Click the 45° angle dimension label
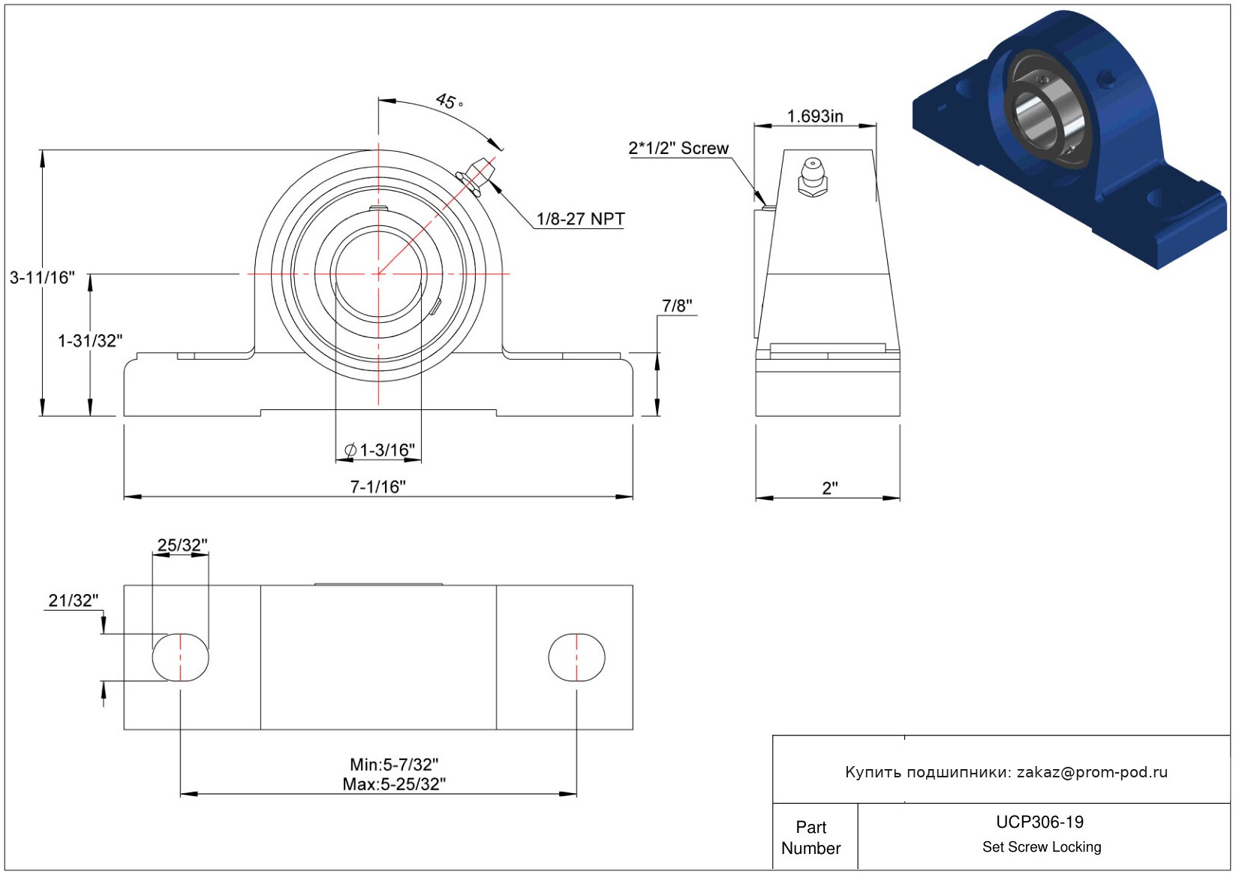[x=450, y=101]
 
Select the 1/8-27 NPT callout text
[x=581, y=219]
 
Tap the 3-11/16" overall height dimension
[x=43, y=277]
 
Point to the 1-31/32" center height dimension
[x=90, y=341]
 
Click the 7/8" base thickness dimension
[x=677, y=306]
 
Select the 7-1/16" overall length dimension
[x=378, y=487]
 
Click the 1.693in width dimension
[x=815, y=116]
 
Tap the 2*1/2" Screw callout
[x=678, y=148]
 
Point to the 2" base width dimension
[x=829, y=488]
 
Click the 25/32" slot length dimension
[x=182, y=545]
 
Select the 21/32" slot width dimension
[x=74, y=600]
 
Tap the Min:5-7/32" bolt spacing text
[x=394, y=765]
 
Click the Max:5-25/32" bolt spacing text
[x=394, y=784]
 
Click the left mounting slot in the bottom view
[x=180, y=657]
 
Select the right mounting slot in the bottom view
[x=576, y=657]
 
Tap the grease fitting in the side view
[x=813, y=177]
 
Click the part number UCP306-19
[x=1039, y=822]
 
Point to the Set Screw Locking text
[x=1042, y=846]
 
